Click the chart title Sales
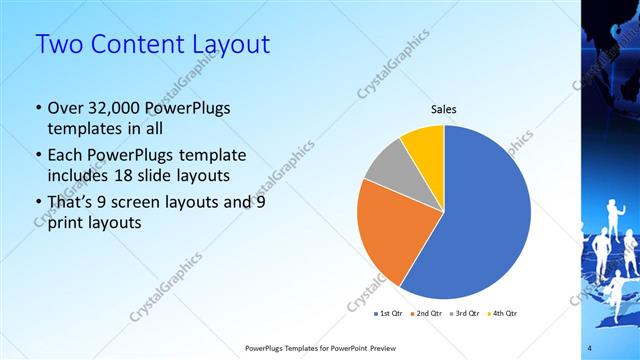[444, 109]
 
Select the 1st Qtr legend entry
[387, 314]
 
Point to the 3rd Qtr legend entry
[465, 314]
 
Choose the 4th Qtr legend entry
[503, 314]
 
